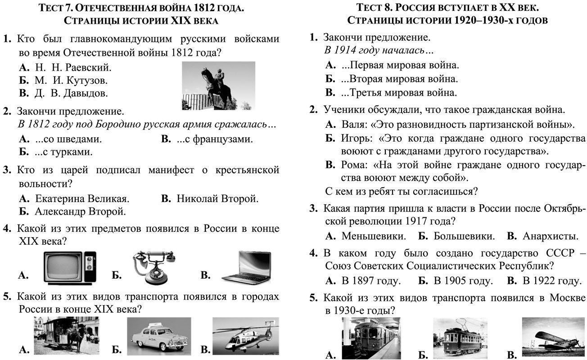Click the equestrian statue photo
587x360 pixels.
point(219,85)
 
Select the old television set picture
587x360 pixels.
point(70,268)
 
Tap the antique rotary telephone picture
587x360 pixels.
point(154,267)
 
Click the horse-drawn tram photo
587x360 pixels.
point(67,336)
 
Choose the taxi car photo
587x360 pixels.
point(159,336)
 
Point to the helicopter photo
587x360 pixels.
point(245,336)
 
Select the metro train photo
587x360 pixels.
point(371,338)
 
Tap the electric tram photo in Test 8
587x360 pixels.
point(460,338)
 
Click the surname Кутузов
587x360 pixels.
point(87,80)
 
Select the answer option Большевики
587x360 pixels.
point(464,236)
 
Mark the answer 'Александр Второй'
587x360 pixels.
point(81,211)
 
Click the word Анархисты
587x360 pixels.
point(550,236)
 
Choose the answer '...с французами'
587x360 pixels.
point(215,139)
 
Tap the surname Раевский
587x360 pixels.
point(88,67)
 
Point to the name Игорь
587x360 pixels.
point(357,138)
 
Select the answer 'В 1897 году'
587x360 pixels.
point(371,281)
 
